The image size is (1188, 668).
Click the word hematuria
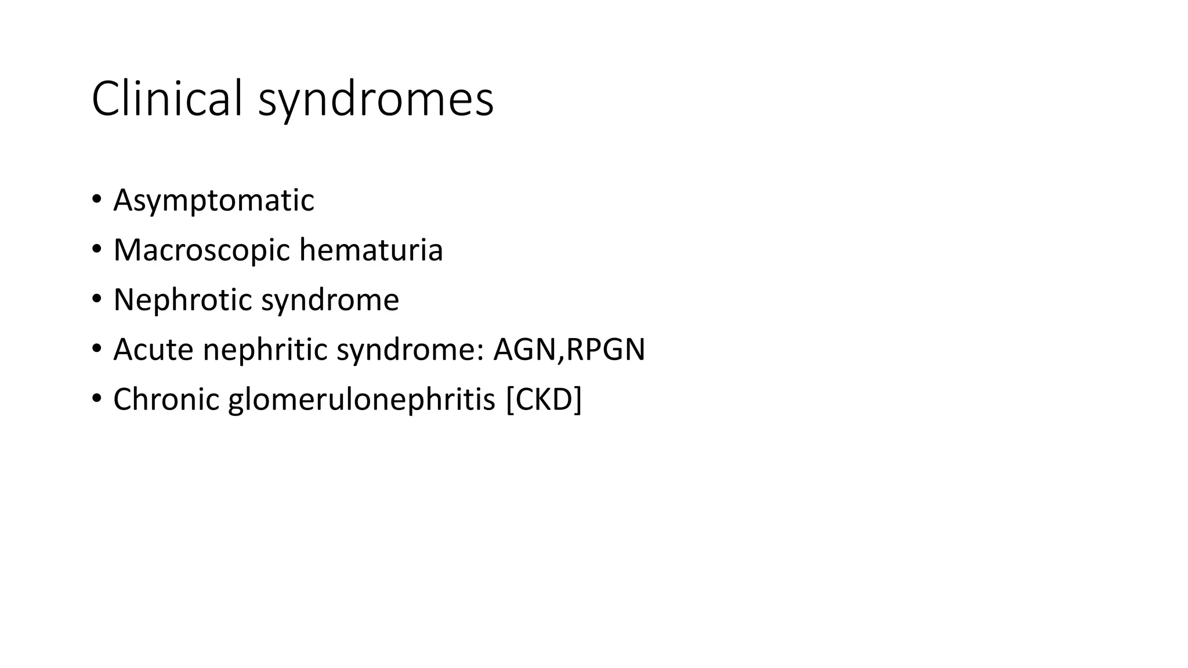(371, 250)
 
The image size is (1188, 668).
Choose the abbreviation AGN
(524, 350)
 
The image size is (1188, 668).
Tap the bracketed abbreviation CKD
(544, 400)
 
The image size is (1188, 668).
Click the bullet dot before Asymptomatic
(96, 200)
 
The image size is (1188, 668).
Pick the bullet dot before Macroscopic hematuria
(96, 250)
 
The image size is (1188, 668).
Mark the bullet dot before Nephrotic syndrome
(96, 300)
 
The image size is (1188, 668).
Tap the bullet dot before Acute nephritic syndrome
(96, 350)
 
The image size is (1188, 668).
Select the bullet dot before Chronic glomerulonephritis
(96, 400)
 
